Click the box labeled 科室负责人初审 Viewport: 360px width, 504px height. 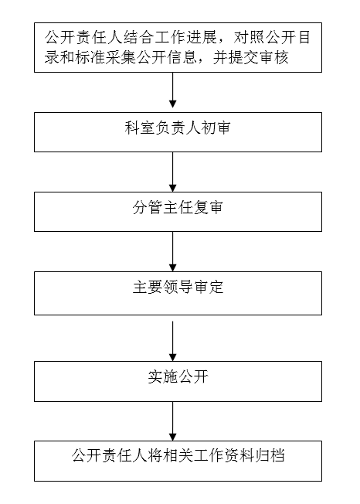[x=178, y=132]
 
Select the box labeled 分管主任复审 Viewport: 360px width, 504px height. [x=178, y=212]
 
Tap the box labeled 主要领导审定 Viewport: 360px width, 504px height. [x=178, y=293]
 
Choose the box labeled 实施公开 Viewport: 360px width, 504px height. [x=178, y=381]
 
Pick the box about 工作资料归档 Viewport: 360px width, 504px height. [x=178, y=461]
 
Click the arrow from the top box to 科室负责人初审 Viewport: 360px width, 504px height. [x=173, y=90]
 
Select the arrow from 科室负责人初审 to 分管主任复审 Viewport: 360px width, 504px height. [x=173, y=172]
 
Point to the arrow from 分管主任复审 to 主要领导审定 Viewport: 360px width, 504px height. [x=173, y=252]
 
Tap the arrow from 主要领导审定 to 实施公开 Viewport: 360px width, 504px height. [x=173, y=341]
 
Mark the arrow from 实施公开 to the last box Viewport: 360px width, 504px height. [x=173, y=421]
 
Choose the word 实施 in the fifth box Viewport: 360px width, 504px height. [x=162, y=376]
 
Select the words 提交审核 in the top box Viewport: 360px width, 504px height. [x=258, y=57]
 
